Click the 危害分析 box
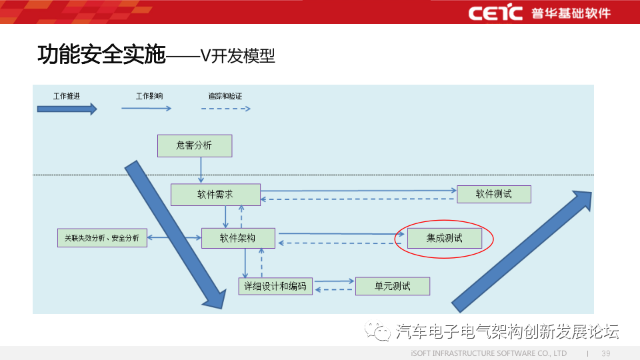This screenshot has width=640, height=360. pos(195,145)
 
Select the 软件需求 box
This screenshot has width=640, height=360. pos(215,195)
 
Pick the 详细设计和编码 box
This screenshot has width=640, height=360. pos(275,286)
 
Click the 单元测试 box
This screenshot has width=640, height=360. pos(393,286)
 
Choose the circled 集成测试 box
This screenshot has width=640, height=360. pos(445,238)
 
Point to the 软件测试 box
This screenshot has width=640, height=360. pos(494,194)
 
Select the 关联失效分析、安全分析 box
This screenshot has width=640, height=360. pos(102,237)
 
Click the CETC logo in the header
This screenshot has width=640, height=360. pos(495,13)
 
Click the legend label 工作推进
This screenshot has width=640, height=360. pos(67,96)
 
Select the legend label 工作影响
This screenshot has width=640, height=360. pos(149,96)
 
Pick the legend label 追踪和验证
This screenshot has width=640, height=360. pos(225,96)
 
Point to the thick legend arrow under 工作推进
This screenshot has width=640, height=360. pos(67,109)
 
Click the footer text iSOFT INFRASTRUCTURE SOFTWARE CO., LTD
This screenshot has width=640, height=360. pos(489,353)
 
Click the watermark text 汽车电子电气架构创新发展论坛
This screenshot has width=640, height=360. pos(507,331)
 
